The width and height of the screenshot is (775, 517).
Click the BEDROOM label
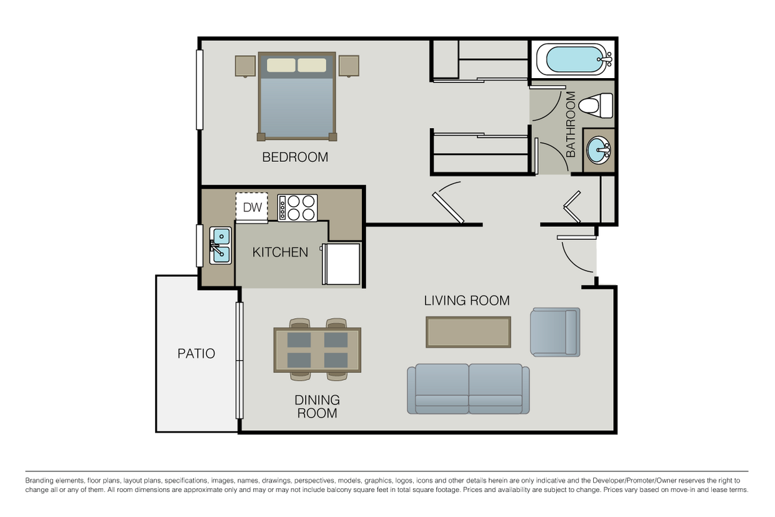pyautogui.click(x=295, y=157)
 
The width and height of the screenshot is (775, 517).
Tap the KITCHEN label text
pyautogui.click(x=280, y=252)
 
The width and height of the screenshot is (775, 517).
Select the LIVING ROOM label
pyautogui.click(x=466, y=300)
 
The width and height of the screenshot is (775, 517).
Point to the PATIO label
pyautogui.click(x=196, y=354)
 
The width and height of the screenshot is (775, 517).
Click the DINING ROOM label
pyautogui.click(x=317, y=406)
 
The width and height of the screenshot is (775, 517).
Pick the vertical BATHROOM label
pyautogui.click(x=570, y=124)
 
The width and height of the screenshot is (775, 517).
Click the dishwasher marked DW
pyautogui.click(x=252, y=208)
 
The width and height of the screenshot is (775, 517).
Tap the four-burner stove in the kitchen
pyautogui.click(x=297, y=208)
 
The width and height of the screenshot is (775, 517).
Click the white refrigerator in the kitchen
pyautogui.click(x=341, y=263)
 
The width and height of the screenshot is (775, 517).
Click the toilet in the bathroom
pyautogui.click(x=596, y=105)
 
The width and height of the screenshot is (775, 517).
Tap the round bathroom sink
pyautogui.click(x=599, y=151)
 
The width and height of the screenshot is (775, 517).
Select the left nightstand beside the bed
pyautogui.click(x=245, y=66)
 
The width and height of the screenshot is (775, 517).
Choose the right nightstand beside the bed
pyautogui.click(x=349, y=66)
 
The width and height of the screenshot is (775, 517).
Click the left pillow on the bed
pyautogui.click(x=281, y=65)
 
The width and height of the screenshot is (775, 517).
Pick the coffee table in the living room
pyautogui.click(x=468, y=332)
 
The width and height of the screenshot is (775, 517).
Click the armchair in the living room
pyautogui.click(x=554, y=332)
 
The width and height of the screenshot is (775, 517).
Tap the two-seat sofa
pyautogui.click(x=468, y=388)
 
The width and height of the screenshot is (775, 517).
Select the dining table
pyautogui.click(x=317, y=350)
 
